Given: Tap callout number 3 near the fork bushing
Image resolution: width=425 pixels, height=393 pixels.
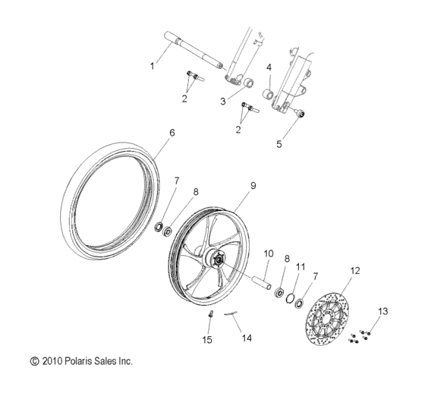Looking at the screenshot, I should (x=223, y=101).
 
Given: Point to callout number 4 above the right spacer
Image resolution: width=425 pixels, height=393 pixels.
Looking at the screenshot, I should (x=269, y=68).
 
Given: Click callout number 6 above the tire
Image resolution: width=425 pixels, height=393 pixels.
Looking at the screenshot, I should (x=172, y=132).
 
